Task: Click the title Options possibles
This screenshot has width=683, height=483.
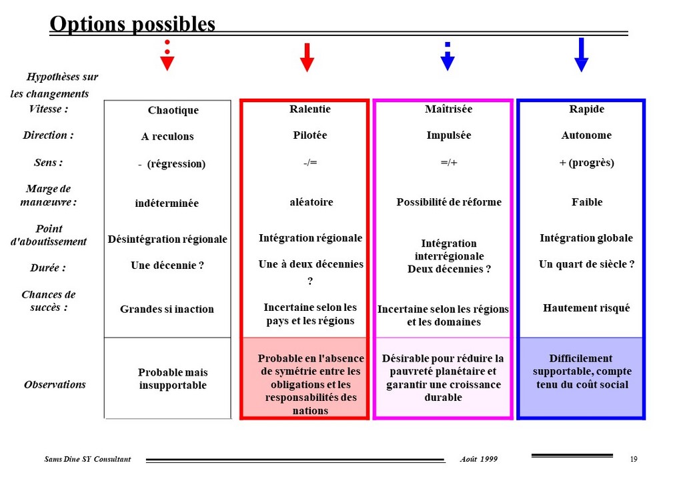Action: (x=133, y=25)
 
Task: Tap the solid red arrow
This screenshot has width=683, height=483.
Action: (x=307, y=57)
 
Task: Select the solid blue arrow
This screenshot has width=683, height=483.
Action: (x=581, y=55)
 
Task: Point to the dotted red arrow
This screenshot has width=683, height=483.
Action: (x=167, y=55)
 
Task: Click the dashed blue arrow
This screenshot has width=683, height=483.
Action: (x=448, y=56)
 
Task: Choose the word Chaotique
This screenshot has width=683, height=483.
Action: (x=173, y=110)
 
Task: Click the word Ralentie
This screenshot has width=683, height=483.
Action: (x=309, y=109)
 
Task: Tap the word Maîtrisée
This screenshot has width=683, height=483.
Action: (x=448, y=109)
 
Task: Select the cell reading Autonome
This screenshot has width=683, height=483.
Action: (x=586, y=135)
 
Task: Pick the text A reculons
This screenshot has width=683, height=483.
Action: (x=167, y=137)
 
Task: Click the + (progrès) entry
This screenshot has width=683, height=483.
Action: (x=586, y=163)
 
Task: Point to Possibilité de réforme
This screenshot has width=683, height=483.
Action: (x=449, y=202)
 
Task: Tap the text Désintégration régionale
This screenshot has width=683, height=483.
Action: (x=167, y=239)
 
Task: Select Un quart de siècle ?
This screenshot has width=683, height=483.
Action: (x=586, y=264)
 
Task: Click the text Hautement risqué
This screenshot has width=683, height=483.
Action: (x=586, y=308)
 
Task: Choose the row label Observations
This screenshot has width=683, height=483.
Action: (x=55, y=384)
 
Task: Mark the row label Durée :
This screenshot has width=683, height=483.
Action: (x=48, y=268)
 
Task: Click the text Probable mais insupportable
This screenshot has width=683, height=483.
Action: (x=173, y=379)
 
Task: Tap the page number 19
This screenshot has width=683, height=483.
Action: (x=634, y=459)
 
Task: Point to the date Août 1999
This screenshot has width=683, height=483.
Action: (x=478, y=459)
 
